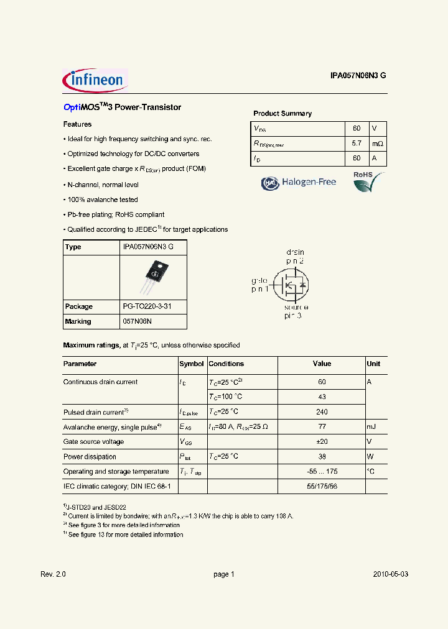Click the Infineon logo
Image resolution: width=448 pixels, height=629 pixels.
(x=95, y=80)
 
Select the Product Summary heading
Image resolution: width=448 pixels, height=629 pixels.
(x=282, y=114)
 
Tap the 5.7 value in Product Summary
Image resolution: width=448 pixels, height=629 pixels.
(x=357, y=144)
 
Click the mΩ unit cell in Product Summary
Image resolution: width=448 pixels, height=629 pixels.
(x=378, y=144)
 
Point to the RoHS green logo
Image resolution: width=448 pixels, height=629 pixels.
(x=366, y=181)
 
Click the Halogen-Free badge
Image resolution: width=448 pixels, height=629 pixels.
(x=299, y=182)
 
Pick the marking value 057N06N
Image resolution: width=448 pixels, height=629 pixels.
(x=138, y=321)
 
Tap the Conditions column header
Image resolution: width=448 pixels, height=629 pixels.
(x=226, y=364)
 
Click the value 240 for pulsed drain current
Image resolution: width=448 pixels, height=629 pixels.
(x=322, y=412)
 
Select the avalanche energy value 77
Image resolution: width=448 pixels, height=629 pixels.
(x=322, y=427)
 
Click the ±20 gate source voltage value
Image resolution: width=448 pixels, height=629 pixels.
(x=322, y=442)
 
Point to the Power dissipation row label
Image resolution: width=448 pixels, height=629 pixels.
(x=90, y=457)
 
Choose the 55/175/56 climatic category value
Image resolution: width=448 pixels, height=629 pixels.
(x=322, y=487)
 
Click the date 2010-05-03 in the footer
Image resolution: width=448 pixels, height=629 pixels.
(x=391, y=574)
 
